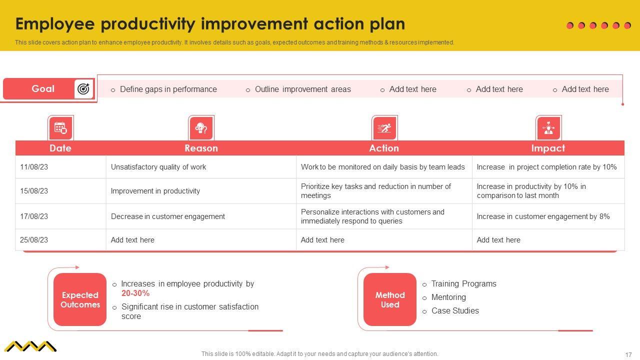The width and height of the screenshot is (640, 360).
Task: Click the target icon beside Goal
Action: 83,89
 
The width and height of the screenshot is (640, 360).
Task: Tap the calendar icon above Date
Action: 60,128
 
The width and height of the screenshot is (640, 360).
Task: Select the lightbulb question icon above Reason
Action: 201,128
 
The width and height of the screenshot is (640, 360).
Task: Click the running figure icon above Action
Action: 384,128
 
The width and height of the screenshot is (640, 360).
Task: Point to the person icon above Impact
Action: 548,128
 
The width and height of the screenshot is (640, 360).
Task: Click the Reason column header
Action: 201,148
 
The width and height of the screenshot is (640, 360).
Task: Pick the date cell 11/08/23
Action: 34,167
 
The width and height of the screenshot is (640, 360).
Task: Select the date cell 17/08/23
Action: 34,216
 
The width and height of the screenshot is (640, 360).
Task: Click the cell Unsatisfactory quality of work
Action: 158,167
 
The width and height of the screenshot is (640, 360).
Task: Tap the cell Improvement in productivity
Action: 155,191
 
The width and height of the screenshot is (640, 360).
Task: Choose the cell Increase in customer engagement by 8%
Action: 543,216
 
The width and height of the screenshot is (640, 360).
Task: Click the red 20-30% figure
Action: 135,293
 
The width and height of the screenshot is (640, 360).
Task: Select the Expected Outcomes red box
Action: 80,299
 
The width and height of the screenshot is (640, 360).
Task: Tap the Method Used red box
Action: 390,299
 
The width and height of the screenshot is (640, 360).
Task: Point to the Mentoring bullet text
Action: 448,297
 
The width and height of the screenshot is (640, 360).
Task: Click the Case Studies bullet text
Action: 455,310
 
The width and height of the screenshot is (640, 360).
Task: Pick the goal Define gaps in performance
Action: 168,89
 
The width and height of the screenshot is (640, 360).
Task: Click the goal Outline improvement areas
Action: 303,89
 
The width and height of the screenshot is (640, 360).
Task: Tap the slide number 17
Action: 628,354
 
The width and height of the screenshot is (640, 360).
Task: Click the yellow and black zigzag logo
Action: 30,346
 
